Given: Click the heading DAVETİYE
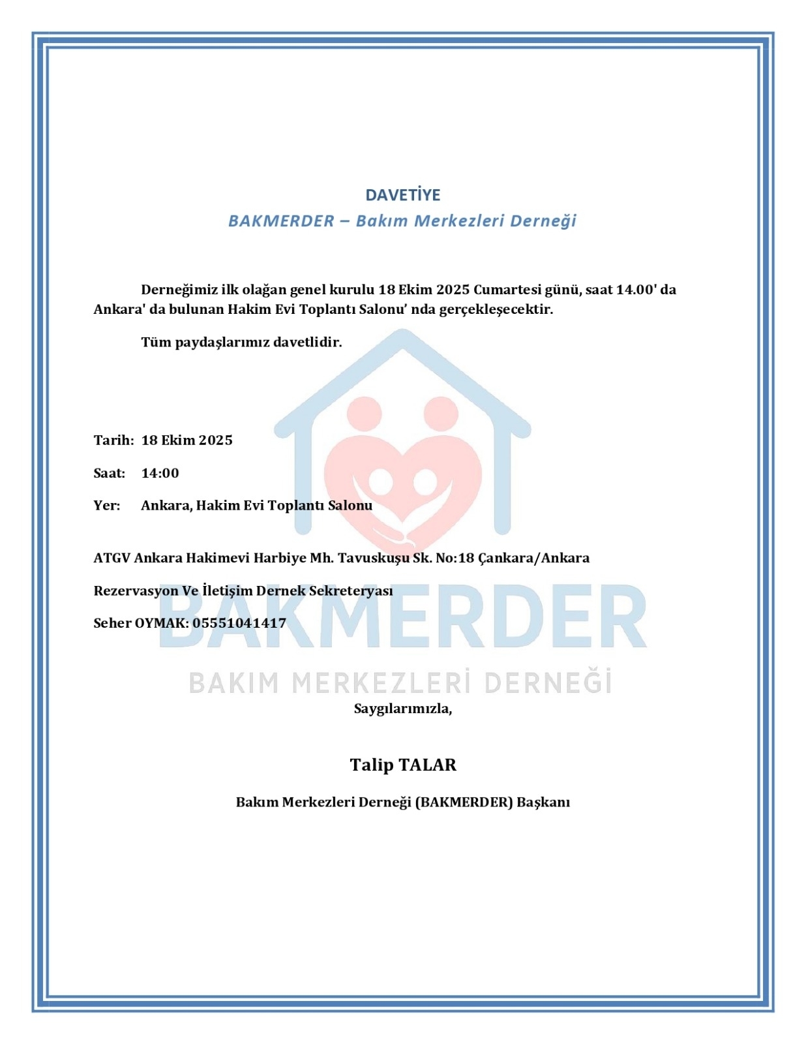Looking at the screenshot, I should pyautogui.click(x=402, y=195).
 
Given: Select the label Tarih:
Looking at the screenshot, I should pyautogui.click(x=113, y=440).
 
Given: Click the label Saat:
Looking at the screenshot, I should pyautogui.click(x=109, y=473).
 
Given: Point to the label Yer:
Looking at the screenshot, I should pyautogui.click(x=106, y=506).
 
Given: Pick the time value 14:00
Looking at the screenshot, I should pyautogui.click(x=160, y=473).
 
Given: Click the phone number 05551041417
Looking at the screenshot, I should pyautogui.click(x=239, y=623).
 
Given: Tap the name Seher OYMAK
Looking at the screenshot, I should pyautogui.click(x=140, y=623).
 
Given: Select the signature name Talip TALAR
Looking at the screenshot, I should pyautogui.click(x=402, y=765).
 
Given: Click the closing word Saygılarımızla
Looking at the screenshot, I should pyautogui.click(x=402, y=709).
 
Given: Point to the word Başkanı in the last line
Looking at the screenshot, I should pyautogui.click(x=543, y=802).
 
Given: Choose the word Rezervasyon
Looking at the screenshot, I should pyautogui.click(x=136, y=591).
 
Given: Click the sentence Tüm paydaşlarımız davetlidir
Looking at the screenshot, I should pyautogui.click(x=241, y=342).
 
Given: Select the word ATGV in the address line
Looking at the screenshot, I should pyautogui.click(x=112, y=558).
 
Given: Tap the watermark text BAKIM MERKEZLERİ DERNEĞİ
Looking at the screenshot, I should pyautogui.click(x=400, y=683).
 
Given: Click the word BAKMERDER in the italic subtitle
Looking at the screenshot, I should pyautogui.click(x=281, y=221).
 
